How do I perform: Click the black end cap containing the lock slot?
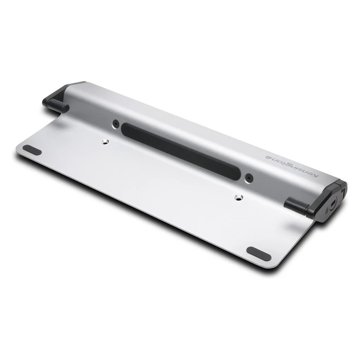329,203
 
